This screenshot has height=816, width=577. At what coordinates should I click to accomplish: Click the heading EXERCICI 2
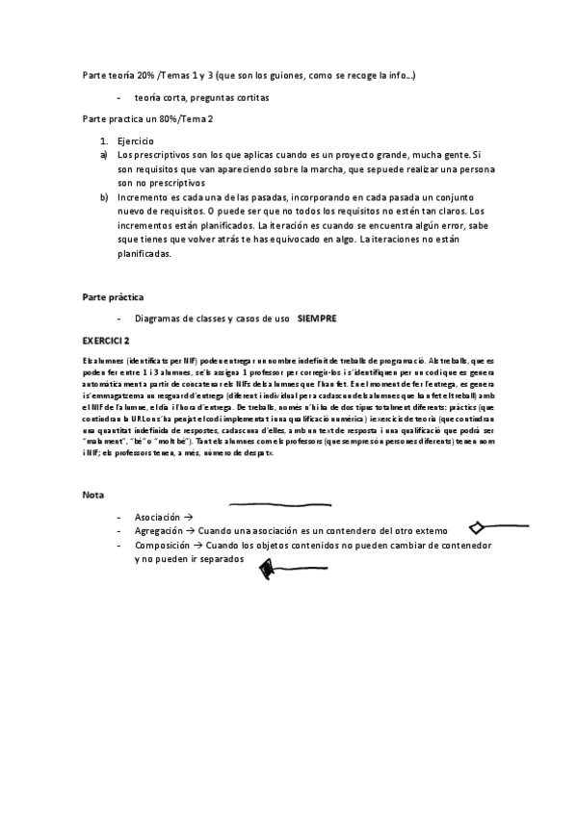coord(106,341)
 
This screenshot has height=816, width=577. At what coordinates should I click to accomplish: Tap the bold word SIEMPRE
coord(317,318)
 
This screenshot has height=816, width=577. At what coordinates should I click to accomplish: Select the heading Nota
coord(92,495)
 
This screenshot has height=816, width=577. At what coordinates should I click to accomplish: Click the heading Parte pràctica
coord(113,297)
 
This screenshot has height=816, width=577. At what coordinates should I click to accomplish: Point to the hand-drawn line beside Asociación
coord(279,503)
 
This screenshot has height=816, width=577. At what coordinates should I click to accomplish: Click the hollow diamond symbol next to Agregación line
coord(479,527)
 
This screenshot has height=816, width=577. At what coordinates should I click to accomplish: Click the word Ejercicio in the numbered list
coord(141,141)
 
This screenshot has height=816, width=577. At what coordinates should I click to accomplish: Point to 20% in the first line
coord(144,75)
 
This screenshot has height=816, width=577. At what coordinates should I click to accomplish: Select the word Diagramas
coord(163,318)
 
